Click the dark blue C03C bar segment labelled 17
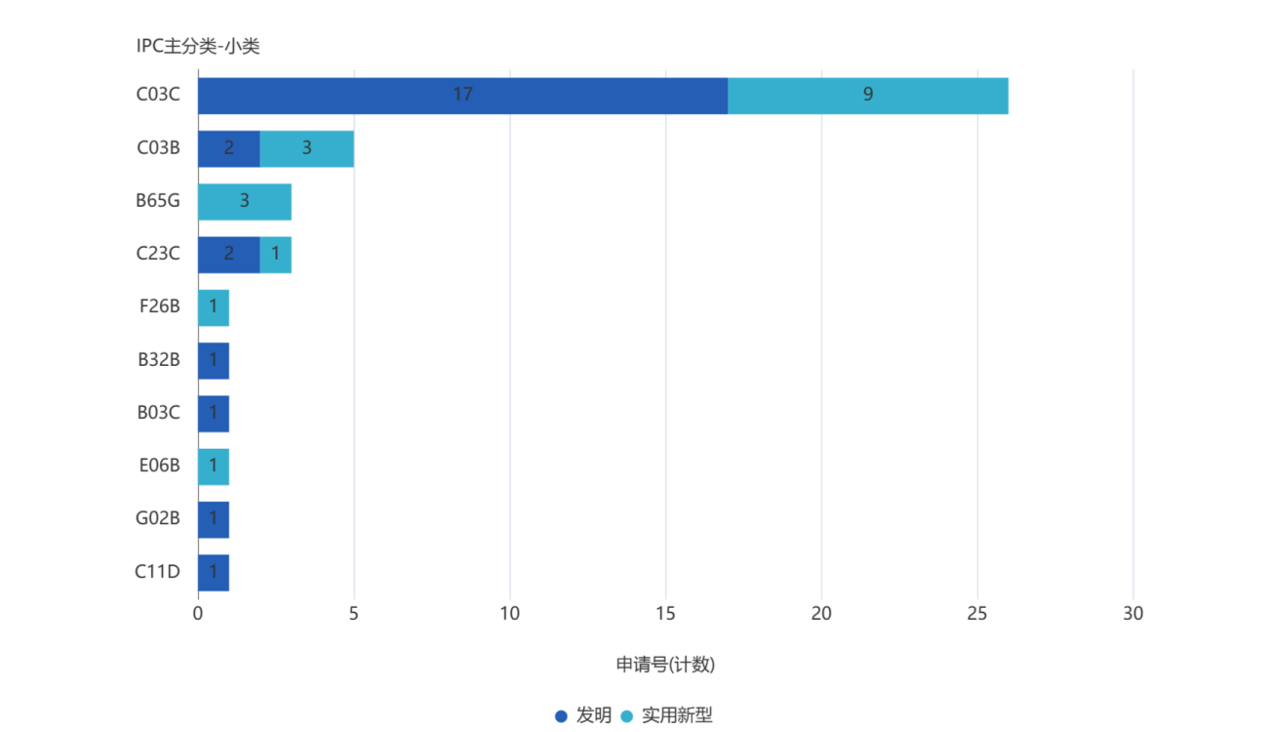click(x=462, y=96)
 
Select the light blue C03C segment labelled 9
click(x=868, y=96)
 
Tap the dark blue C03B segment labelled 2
click(x=228, y=148)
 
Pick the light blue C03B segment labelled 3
click(x=306, y=148)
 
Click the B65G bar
click(x=245, y=202)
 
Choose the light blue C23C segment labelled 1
click(x=276, y=255)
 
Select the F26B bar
click(x=214, y=307)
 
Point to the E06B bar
click(x=214, y=467)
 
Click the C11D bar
click(x=214, y=573)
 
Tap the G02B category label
click(x=158, y=519)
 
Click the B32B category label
click(x=159, y=360)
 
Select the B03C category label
click(x=159, y=413)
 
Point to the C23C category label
click(x=158, y=255)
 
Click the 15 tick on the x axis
click(x=666, y=614)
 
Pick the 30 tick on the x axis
click(x=1132, y=614)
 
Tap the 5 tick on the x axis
click(x=354, y=614)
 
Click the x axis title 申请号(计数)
click(x=665, y=665)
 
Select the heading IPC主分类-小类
click(x=198, y=46)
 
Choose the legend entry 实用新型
click(x=667, y=715)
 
